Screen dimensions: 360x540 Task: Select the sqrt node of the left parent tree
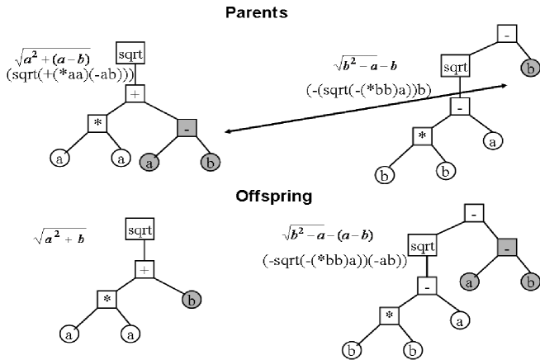[x=130, y=54]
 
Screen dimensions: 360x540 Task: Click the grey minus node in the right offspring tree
[x=508, y=247]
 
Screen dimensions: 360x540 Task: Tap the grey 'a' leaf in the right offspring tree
[x=471, y=282]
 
